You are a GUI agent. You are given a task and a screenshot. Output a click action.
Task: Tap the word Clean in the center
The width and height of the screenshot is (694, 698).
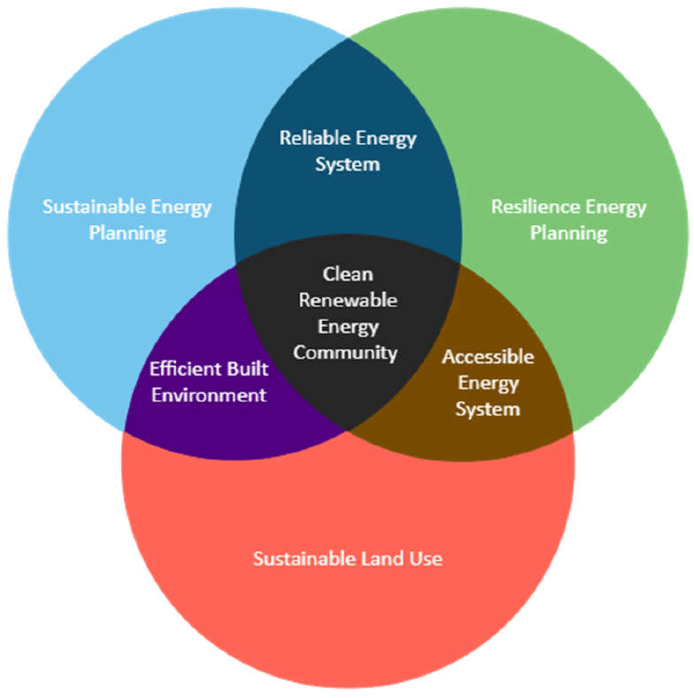click(x=348, y=274)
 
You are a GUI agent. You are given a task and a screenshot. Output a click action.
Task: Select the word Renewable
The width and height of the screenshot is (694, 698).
click(x=348, y=300)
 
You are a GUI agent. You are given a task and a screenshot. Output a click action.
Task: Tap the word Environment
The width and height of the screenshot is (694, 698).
click(x=209, y=395)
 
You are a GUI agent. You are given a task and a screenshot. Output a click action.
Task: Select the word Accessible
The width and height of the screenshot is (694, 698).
click(x=488, y=357)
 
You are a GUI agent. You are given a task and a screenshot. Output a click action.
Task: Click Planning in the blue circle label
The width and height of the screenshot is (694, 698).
click(x=128, y=233)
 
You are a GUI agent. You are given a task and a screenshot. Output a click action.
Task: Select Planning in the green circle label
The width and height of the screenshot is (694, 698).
click(x=569, y=233)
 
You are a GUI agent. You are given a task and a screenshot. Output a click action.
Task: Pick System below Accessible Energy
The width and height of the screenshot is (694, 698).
click(x=488, y=409)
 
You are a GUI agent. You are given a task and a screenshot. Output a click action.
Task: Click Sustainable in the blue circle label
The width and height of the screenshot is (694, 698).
click(x=94, y=207)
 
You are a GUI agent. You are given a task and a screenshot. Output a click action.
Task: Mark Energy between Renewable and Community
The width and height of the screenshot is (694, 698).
click(x=348, y=327)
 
